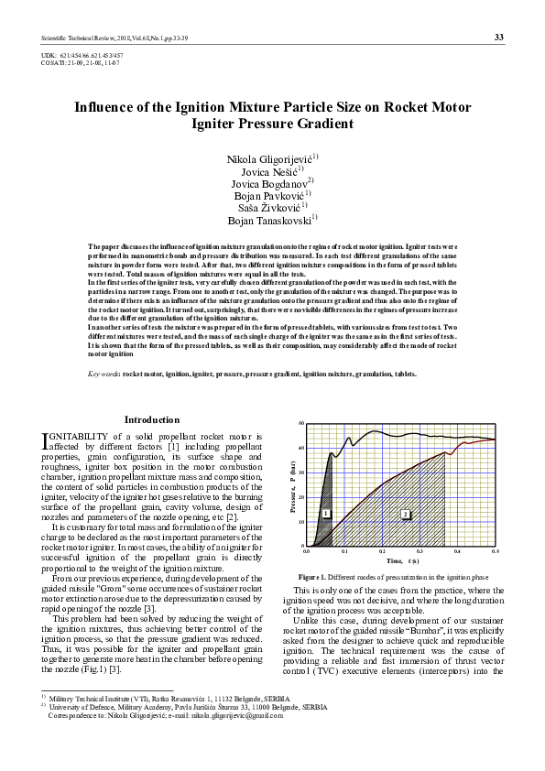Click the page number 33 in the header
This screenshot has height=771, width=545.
[498, 37]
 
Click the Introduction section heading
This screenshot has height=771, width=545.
[152, 420]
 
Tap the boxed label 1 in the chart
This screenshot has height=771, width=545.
[325, 514]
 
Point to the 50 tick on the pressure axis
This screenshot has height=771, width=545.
[301, 424]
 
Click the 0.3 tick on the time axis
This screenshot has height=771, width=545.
[420, 552]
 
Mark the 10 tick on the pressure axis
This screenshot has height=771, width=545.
[301, 522]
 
